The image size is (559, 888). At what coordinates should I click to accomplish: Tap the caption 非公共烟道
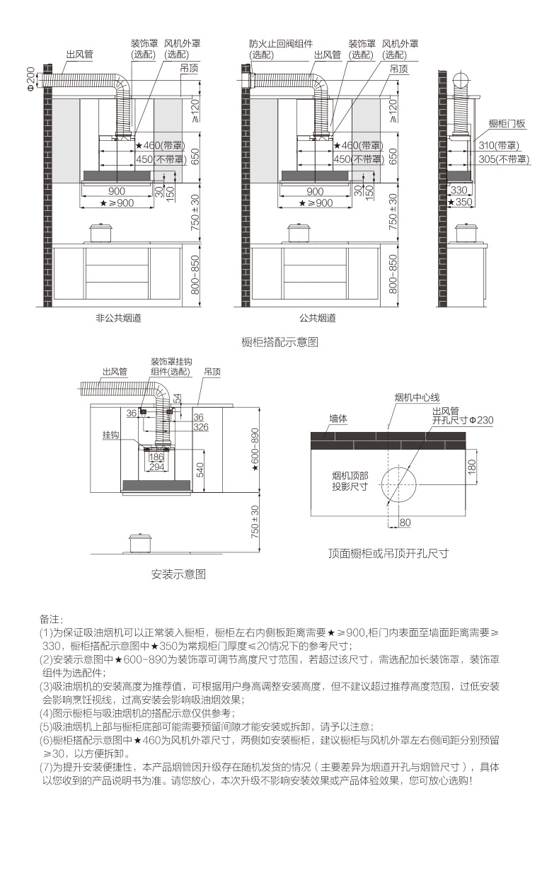[x=118, y=318]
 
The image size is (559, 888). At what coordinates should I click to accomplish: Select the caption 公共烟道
[x=316, y=318]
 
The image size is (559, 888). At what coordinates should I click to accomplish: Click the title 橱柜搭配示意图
[x=279, y=342]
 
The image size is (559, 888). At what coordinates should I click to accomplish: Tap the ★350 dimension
[x=460, y=202]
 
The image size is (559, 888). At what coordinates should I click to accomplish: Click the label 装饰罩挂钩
[x=171, y=362]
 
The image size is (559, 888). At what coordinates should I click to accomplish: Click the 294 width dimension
[x=156, y=467]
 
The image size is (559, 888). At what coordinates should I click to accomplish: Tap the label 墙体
[x=338, y=419]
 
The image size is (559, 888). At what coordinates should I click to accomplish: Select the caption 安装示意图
[x=178, y=574]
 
